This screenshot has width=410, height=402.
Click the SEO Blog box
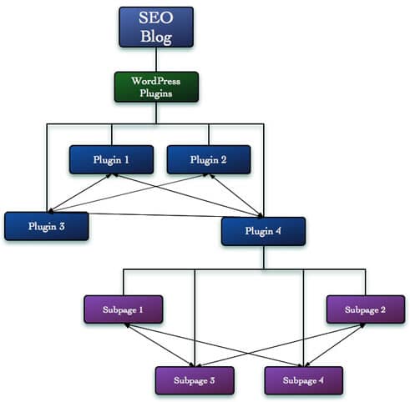156,28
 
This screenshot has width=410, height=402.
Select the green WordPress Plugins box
156,87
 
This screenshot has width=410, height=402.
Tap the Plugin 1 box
111,159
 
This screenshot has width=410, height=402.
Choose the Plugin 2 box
209,159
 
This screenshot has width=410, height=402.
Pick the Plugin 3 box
47,226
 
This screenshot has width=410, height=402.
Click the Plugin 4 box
263,231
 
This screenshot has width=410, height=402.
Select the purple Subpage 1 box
124,309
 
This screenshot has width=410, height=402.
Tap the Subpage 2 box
366,309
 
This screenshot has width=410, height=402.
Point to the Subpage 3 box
195,380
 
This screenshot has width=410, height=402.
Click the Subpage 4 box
303,380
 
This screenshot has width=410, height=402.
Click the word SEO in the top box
156,18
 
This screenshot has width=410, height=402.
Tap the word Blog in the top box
156,37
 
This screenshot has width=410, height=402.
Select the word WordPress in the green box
156,81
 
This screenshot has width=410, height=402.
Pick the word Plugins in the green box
156,93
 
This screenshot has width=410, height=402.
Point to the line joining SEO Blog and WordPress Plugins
156,59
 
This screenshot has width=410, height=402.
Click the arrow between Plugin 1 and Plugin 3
80,193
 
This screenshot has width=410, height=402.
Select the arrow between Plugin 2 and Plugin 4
236,196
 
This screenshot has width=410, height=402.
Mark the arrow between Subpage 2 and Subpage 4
335,345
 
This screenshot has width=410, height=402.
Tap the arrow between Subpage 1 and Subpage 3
159,344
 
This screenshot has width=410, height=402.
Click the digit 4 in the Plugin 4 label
278,231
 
